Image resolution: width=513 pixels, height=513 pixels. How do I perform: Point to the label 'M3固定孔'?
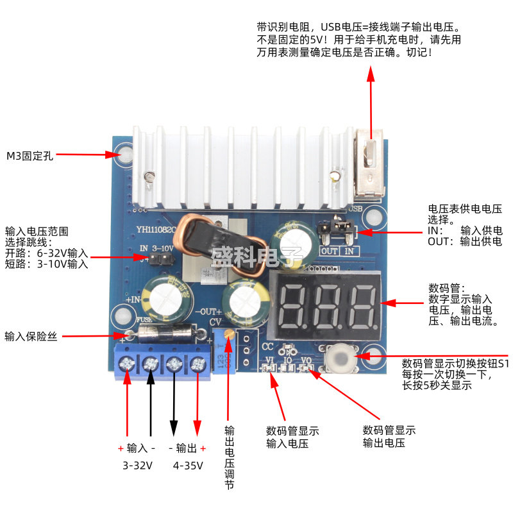29,155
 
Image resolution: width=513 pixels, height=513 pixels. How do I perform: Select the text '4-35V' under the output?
189,466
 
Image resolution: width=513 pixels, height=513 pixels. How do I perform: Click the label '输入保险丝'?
31,336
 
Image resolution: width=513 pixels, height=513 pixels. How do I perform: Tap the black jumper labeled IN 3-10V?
160,258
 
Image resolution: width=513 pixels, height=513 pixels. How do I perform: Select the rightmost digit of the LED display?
362,306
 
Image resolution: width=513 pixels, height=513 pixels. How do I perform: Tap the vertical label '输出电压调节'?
229,458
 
